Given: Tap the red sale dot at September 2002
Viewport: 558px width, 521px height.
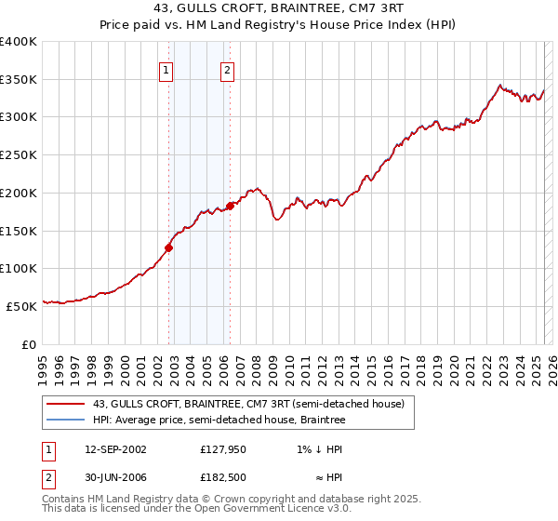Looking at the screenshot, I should tap(168, 247).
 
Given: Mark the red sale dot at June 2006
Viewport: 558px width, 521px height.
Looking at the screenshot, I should tap(231, 206).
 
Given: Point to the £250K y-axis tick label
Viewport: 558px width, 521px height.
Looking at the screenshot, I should tap(19, 155).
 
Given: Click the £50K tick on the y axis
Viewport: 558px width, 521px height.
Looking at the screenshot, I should tap(21, 306).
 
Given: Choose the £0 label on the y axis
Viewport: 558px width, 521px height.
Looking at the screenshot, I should tap(29, 344).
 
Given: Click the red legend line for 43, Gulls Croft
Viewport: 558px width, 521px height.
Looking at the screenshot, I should tap(65, 405).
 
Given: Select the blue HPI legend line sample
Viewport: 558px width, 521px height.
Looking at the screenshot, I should tap(65, 421).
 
